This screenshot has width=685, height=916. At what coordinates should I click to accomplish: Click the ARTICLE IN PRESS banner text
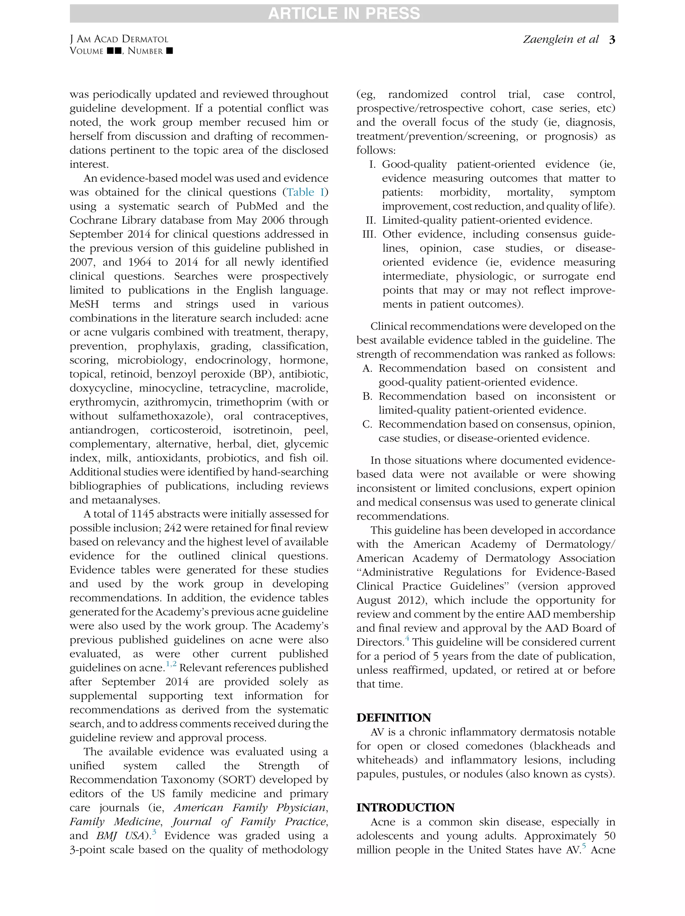pyautogui.click(x=344, y=13)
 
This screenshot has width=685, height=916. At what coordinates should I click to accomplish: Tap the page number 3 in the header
pyautogui.click(x=612, y=40)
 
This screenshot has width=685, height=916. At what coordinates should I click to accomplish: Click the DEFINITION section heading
pyautogui.click(x=393, y=717)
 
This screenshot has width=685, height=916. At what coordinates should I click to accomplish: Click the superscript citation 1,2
pyautogui.click(x=171, y=664)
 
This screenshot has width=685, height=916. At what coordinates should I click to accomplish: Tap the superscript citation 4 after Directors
pyautogui.click(x=407, y=639)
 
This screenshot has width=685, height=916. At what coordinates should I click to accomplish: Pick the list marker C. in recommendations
pyautogui.click(x=367, y=424)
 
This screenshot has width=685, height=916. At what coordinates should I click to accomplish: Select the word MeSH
pyautogui.click(x=84, y=304)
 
